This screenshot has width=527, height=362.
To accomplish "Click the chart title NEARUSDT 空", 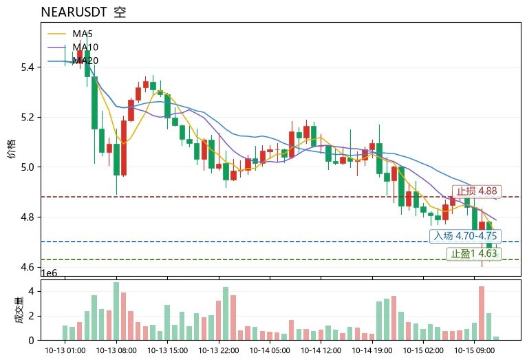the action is [x=83, y=12].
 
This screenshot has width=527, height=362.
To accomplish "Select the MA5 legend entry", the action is [x=70, y=34].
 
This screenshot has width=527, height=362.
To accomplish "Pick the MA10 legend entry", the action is [x=73, y=47].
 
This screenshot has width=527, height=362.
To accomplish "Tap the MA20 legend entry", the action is [x=73, y=61].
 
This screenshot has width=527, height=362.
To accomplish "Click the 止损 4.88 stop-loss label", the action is [x=477, y=191].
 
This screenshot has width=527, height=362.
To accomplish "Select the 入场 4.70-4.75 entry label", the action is [x=465, y=235].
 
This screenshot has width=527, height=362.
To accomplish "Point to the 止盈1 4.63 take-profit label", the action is [x=473, y=253].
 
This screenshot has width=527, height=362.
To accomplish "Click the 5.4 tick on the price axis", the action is [x=28, y=67].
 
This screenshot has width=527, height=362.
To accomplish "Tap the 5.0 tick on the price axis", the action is [x=28, y=167].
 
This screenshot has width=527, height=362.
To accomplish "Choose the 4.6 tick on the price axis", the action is [x=28, y=267].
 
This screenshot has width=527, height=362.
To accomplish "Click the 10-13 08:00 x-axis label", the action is [x=116, y=350].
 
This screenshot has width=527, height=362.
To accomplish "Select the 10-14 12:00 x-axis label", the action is [x=321, y=350].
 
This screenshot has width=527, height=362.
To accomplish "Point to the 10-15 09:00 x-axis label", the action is [x=474, y=350].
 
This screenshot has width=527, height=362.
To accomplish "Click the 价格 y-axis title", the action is [x=12, y=149].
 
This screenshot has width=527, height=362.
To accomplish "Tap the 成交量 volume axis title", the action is [x=19, y=310].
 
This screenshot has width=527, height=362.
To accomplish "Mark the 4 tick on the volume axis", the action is [x=31, y=291].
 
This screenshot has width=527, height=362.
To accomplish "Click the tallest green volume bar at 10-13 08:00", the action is [x=116, y=311].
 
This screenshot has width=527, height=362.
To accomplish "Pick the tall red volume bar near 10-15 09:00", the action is [x=482, y=313].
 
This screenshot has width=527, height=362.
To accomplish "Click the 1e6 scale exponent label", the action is [x=49, y=273].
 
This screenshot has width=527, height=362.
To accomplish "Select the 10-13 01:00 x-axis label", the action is [x=65, y=350].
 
